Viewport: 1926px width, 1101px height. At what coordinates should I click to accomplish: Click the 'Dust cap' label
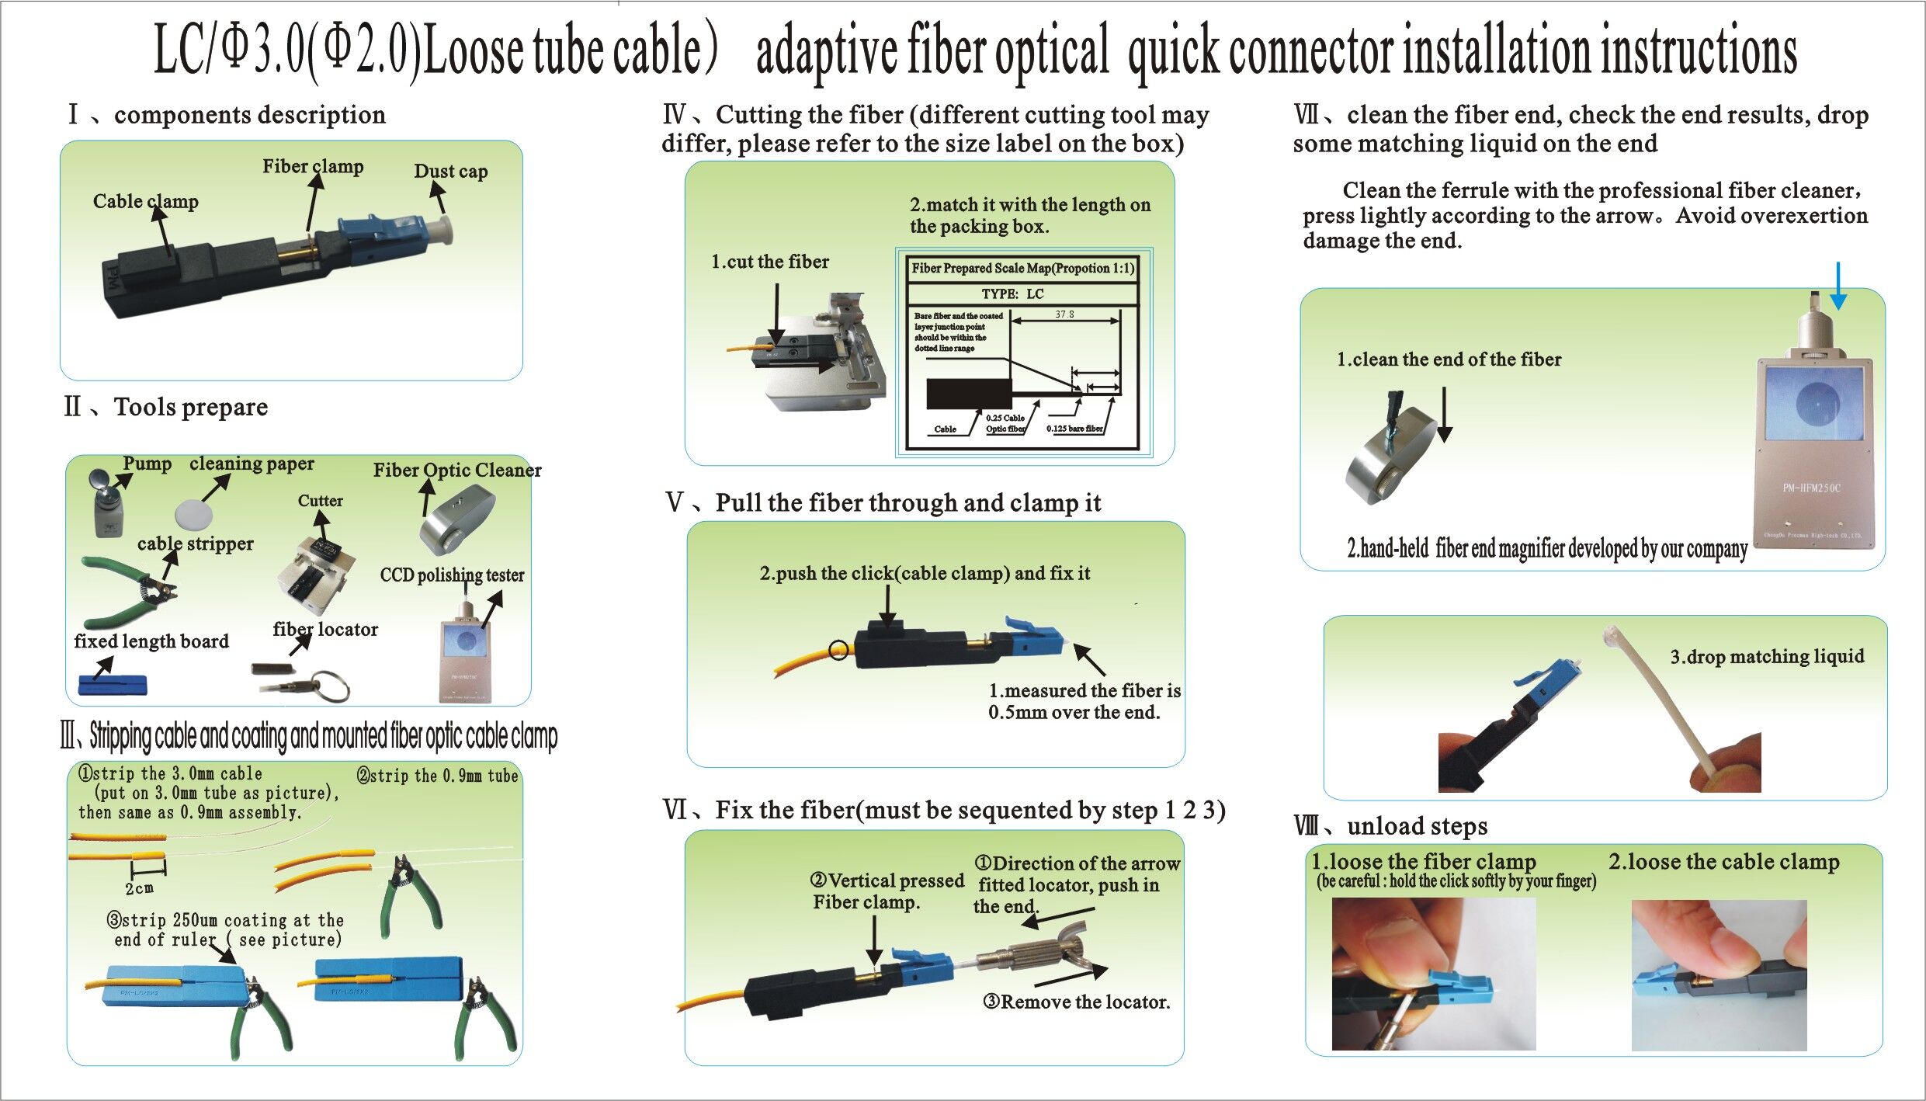click(450, 172)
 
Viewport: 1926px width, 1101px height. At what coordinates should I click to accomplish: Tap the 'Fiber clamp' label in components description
click(312, 166)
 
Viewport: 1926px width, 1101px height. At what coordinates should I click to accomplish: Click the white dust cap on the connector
click(442, 231)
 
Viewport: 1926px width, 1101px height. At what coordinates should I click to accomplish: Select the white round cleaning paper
click(190, 513)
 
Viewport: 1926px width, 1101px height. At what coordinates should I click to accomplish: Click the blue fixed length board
click(113, 685)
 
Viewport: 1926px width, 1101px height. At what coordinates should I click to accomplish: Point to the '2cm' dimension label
click(140, 887)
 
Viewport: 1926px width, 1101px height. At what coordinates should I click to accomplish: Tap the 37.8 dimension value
click(1064, 314)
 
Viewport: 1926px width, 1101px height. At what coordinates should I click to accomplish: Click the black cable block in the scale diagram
click(968, 394)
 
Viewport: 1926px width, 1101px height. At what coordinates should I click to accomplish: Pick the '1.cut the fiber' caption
click(769, 262)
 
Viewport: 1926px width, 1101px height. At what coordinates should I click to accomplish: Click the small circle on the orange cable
click(838, 650)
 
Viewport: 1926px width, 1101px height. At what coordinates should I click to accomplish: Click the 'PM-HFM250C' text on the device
click(1810, 488)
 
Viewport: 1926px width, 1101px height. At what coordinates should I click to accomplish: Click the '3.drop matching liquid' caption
click(1767, 657)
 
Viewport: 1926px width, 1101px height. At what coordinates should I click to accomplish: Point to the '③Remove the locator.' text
click(1076, 1002)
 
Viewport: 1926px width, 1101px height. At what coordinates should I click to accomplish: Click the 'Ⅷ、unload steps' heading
click(1390, 825)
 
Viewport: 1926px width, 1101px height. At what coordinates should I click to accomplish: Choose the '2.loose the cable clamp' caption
click(1723, 861)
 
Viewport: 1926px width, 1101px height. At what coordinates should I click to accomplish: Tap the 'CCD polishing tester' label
click(452, 575)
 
